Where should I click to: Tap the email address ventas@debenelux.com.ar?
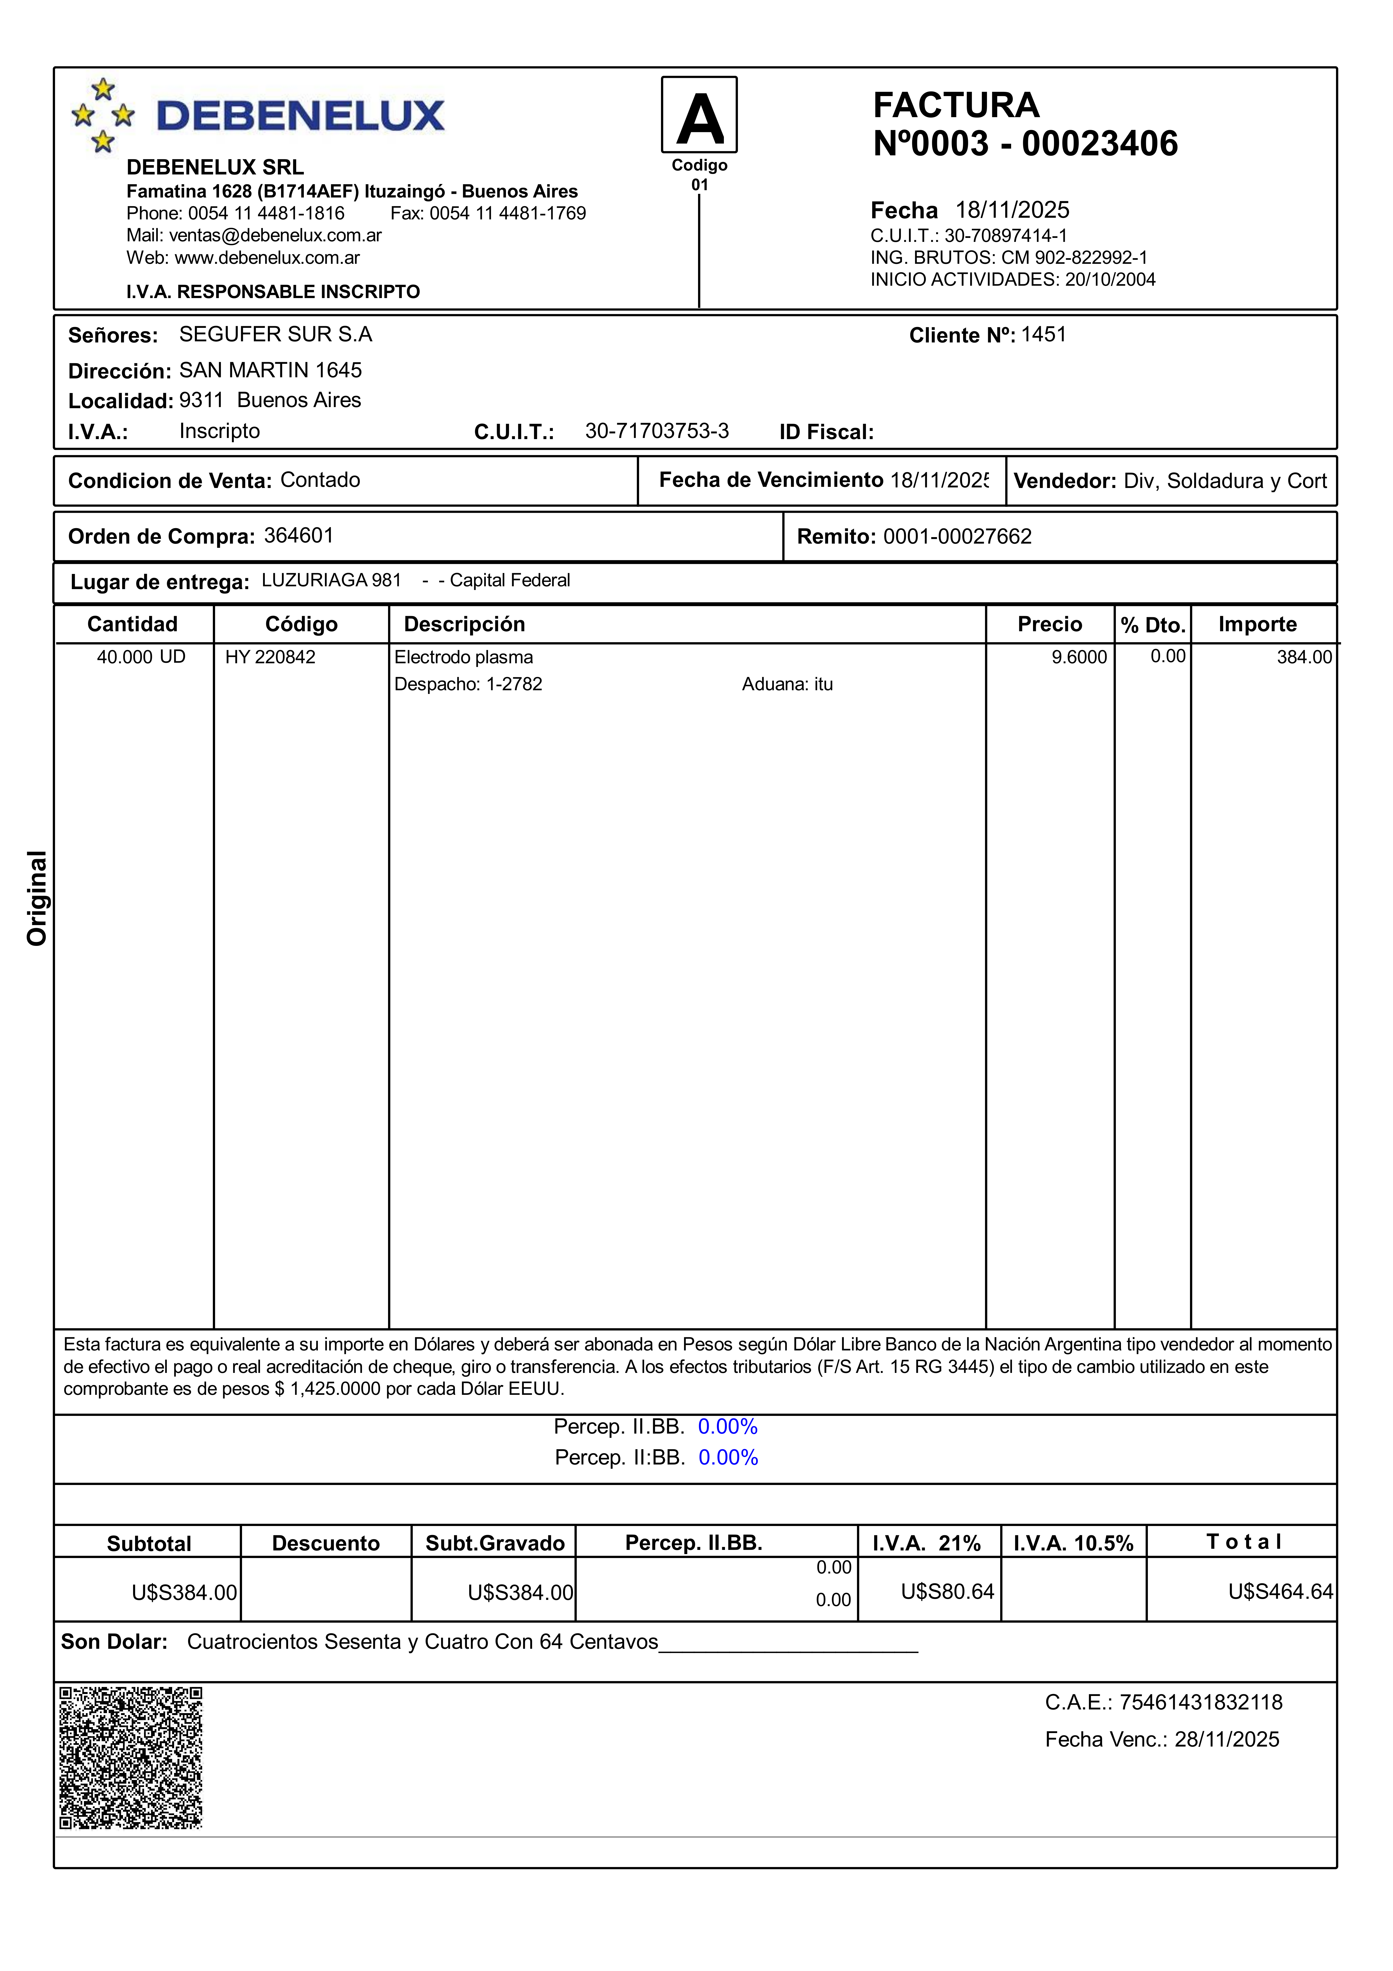275,235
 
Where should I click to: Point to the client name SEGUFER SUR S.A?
275,334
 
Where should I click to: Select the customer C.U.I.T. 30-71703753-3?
656,431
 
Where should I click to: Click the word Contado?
320,480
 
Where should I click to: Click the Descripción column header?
464,624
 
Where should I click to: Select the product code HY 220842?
270,657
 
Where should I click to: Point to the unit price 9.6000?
1079,657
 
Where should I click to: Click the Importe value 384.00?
1304,657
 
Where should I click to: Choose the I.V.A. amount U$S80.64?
947,1591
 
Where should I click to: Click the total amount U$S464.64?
1280,1591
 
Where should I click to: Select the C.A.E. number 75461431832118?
1201,1702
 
